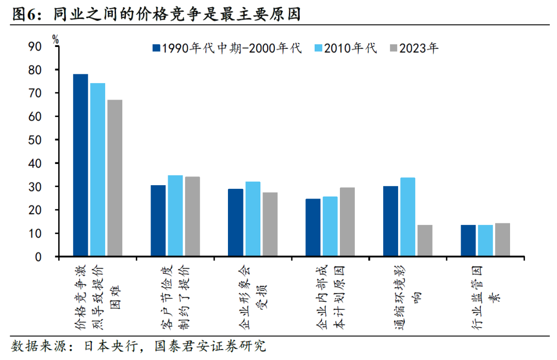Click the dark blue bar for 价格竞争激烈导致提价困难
(x=80, y=165)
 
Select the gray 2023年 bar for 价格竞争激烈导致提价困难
(x=115, y=178)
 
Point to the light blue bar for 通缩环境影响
(x=407, y=217)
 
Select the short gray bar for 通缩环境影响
(x=425, y=240)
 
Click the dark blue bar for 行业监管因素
(x=468, y=240)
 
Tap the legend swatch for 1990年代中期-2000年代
(x=156, y=48)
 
